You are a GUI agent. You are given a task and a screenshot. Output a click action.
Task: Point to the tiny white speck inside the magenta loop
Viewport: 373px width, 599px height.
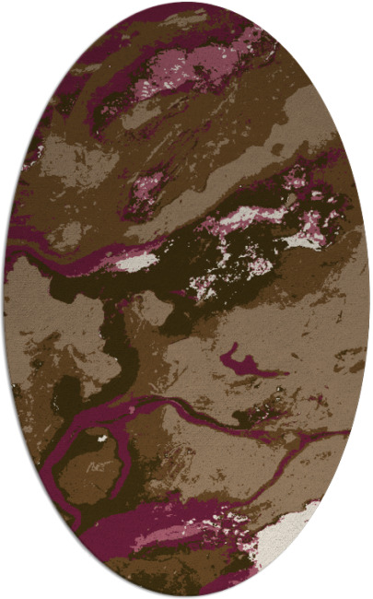(100, 439)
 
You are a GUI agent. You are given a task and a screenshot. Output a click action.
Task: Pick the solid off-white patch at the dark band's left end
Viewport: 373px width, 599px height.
(138, 263)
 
